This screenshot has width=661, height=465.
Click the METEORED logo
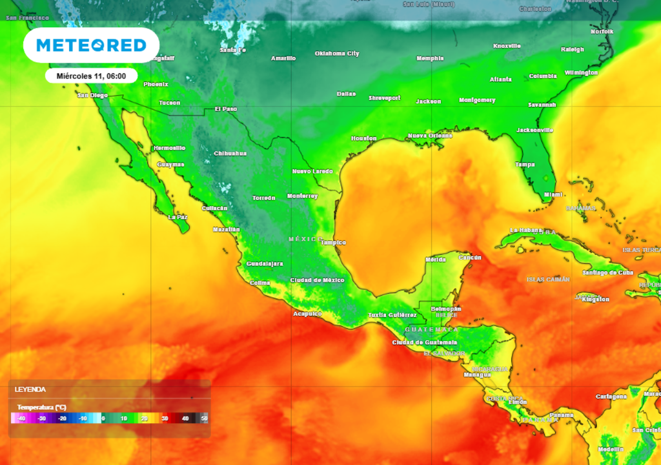[x=91, y=45]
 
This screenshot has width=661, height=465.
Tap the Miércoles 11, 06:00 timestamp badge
[x=91, y=76]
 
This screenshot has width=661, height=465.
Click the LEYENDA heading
[x=30, y=389]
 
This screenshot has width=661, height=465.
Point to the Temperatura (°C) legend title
[x=42, y=408]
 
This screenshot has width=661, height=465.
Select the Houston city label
[x=363, y=139]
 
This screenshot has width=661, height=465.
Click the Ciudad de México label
[x=317, y=280]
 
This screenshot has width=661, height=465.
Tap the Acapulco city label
[x=307, y=314]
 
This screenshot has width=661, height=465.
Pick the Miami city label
[x=553, y=194]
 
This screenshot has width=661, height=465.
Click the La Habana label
[x=524, y=231]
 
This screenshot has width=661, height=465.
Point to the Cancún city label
[x=470, y=258]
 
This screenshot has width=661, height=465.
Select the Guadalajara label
[x=265, y=264]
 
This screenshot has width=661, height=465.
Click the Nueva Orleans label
[x=430, y=136]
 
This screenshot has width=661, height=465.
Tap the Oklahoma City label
[x=337, y=54]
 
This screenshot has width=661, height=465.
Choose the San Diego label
[x=92, y=96]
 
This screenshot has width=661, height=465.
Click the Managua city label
[x=477, y=375]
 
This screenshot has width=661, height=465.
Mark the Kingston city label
[x=595, y=300]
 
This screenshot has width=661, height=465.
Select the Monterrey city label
[x=302, y=196]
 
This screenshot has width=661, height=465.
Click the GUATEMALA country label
[x=431, y=329]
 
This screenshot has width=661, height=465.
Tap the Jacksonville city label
[x=534, y=130]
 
